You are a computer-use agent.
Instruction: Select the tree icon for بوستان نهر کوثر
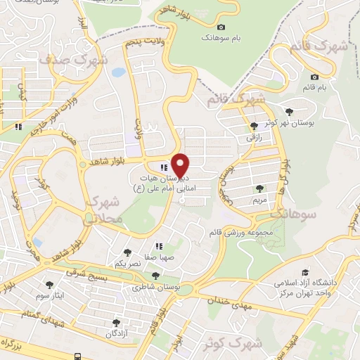click(289, 111)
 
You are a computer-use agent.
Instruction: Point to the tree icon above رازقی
click(253, 126)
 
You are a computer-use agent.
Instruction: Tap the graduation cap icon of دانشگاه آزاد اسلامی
click(305, 272)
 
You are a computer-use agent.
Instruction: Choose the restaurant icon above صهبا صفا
click(160, 246)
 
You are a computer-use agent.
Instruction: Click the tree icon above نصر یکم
click(127, 252)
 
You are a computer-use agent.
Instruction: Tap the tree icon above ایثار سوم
click(50, 285)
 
